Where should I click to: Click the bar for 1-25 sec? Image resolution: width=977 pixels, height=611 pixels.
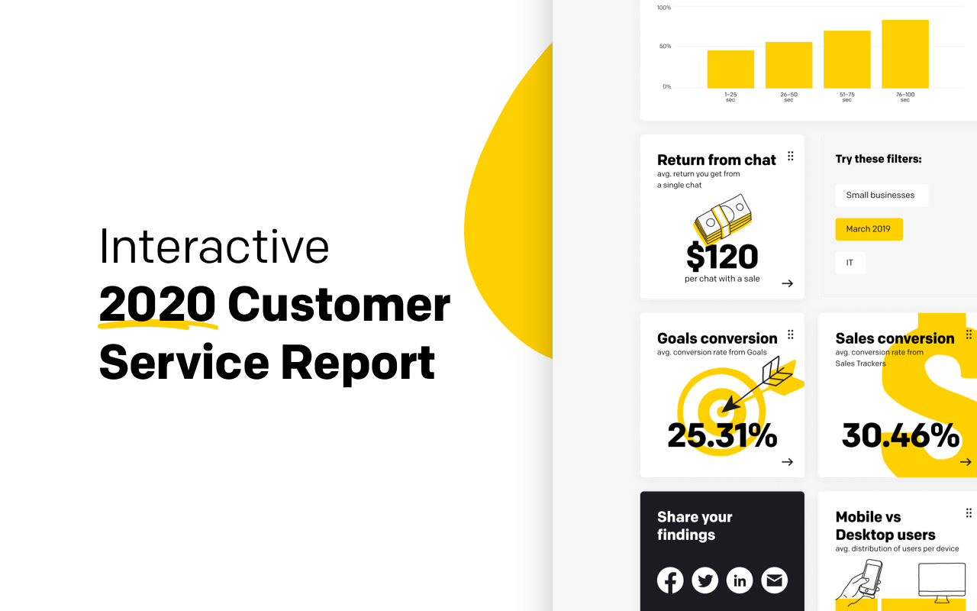click(730, 70)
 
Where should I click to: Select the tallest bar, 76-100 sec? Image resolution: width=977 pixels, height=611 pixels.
click(905, 54)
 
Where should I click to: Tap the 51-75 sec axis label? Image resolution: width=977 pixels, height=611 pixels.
click(847, 97)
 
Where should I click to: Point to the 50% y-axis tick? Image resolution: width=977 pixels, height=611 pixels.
click(665, 47)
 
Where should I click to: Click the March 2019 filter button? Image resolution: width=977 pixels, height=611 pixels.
click(869, 229)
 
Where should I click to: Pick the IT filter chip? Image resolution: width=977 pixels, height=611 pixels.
click(850, 263)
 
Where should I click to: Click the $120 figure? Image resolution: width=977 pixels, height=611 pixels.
click(722, 257)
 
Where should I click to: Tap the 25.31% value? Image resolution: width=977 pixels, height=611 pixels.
click(722, 435)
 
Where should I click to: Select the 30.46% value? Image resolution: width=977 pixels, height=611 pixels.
click(901, 435)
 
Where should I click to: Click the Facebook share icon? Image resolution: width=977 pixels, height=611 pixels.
click(670, 580)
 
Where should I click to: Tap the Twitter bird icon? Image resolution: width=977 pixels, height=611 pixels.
click(705, 580)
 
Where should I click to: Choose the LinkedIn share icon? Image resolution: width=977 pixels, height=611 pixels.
click(740, 580)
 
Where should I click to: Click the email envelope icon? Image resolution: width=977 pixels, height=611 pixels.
click(774, 580)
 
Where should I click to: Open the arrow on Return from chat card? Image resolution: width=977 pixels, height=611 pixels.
click(787, 283)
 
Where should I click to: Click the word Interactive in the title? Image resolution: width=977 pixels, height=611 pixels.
click(214, 247)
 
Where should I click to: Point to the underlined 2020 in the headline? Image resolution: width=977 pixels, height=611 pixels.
click(157, 304)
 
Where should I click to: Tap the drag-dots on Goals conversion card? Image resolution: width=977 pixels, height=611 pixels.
click(790, 335)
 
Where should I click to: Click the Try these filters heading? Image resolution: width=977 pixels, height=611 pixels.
click(879, 160)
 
